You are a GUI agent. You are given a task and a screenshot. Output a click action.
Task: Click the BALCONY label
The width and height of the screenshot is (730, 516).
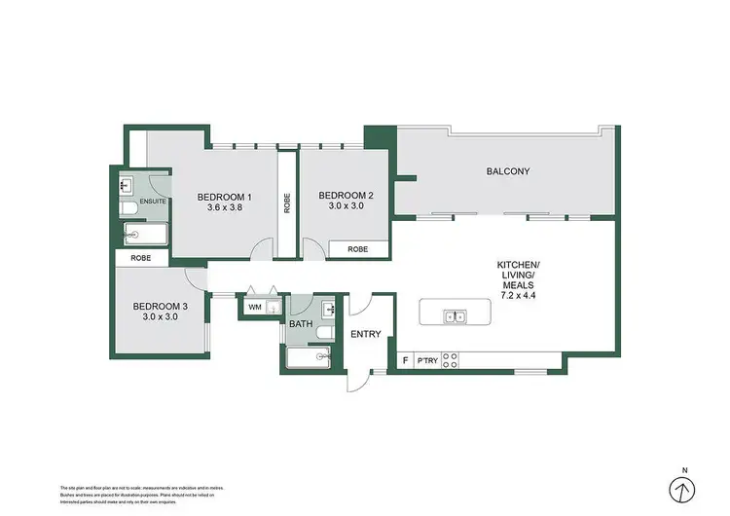coord(507,172)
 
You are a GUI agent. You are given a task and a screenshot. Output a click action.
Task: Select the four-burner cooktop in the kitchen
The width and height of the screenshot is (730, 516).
coord(451,360)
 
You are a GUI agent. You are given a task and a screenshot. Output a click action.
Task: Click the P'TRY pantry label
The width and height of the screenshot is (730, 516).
coord(425,360)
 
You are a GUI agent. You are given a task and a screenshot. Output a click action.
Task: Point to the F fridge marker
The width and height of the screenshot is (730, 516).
coord(405,360)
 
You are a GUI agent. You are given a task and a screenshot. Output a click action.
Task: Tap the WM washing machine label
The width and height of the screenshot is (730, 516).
coord(254,308)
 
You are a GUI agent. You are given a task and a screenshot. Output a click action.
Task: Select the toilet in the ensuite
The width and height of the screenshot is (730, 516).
coord(128,208)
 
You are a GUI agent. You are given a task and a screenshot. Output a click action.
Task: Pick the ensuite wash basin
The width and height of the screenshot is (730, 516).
coord(127,184)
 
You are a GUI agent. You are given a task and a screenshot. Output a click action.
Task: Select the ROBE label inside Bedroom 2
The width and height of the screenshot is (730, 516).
coord(357,249)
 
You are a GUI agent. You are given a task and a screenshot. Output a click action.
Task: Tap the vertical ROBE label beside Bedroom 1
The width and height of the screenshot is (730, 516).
coord(286,202)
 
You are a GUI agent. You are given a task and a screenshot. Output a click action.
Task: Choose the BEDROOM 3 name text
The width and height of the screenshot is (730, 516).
coord(163,306)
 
